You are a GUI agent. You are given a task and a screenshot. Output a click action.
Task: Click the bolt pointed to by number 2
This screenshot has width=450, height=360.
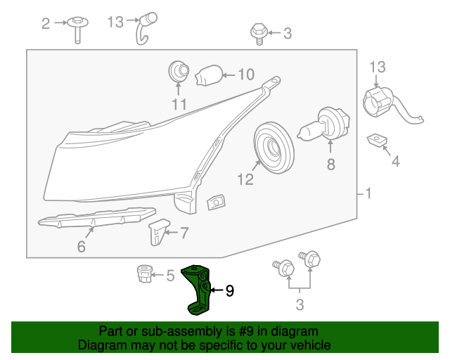[x=77, y=29]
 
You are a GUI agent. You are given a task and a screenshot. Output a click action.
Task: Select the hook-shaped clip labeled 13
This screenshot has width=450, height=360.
[x=146, y=27]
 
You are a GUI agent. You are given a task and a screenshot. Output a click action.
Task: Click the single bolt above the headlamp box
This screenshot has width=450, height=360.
[x=258, y=33]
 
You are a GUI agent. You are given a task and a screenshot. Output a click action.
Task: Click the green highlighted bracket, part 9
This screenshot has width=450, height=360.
[x=198, y=288]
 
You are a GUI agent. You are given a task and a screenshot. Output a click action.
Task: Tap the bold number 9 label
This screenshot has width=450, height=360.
[x=229, y=290]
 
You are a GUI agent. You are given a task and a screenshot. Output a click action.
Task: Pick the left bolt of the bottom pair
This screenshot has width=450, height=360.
[x=285, y=268]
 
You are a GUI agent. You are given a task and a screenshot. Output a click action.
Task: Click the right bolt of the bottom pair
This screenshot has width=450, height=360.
[x=309, y=259]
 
